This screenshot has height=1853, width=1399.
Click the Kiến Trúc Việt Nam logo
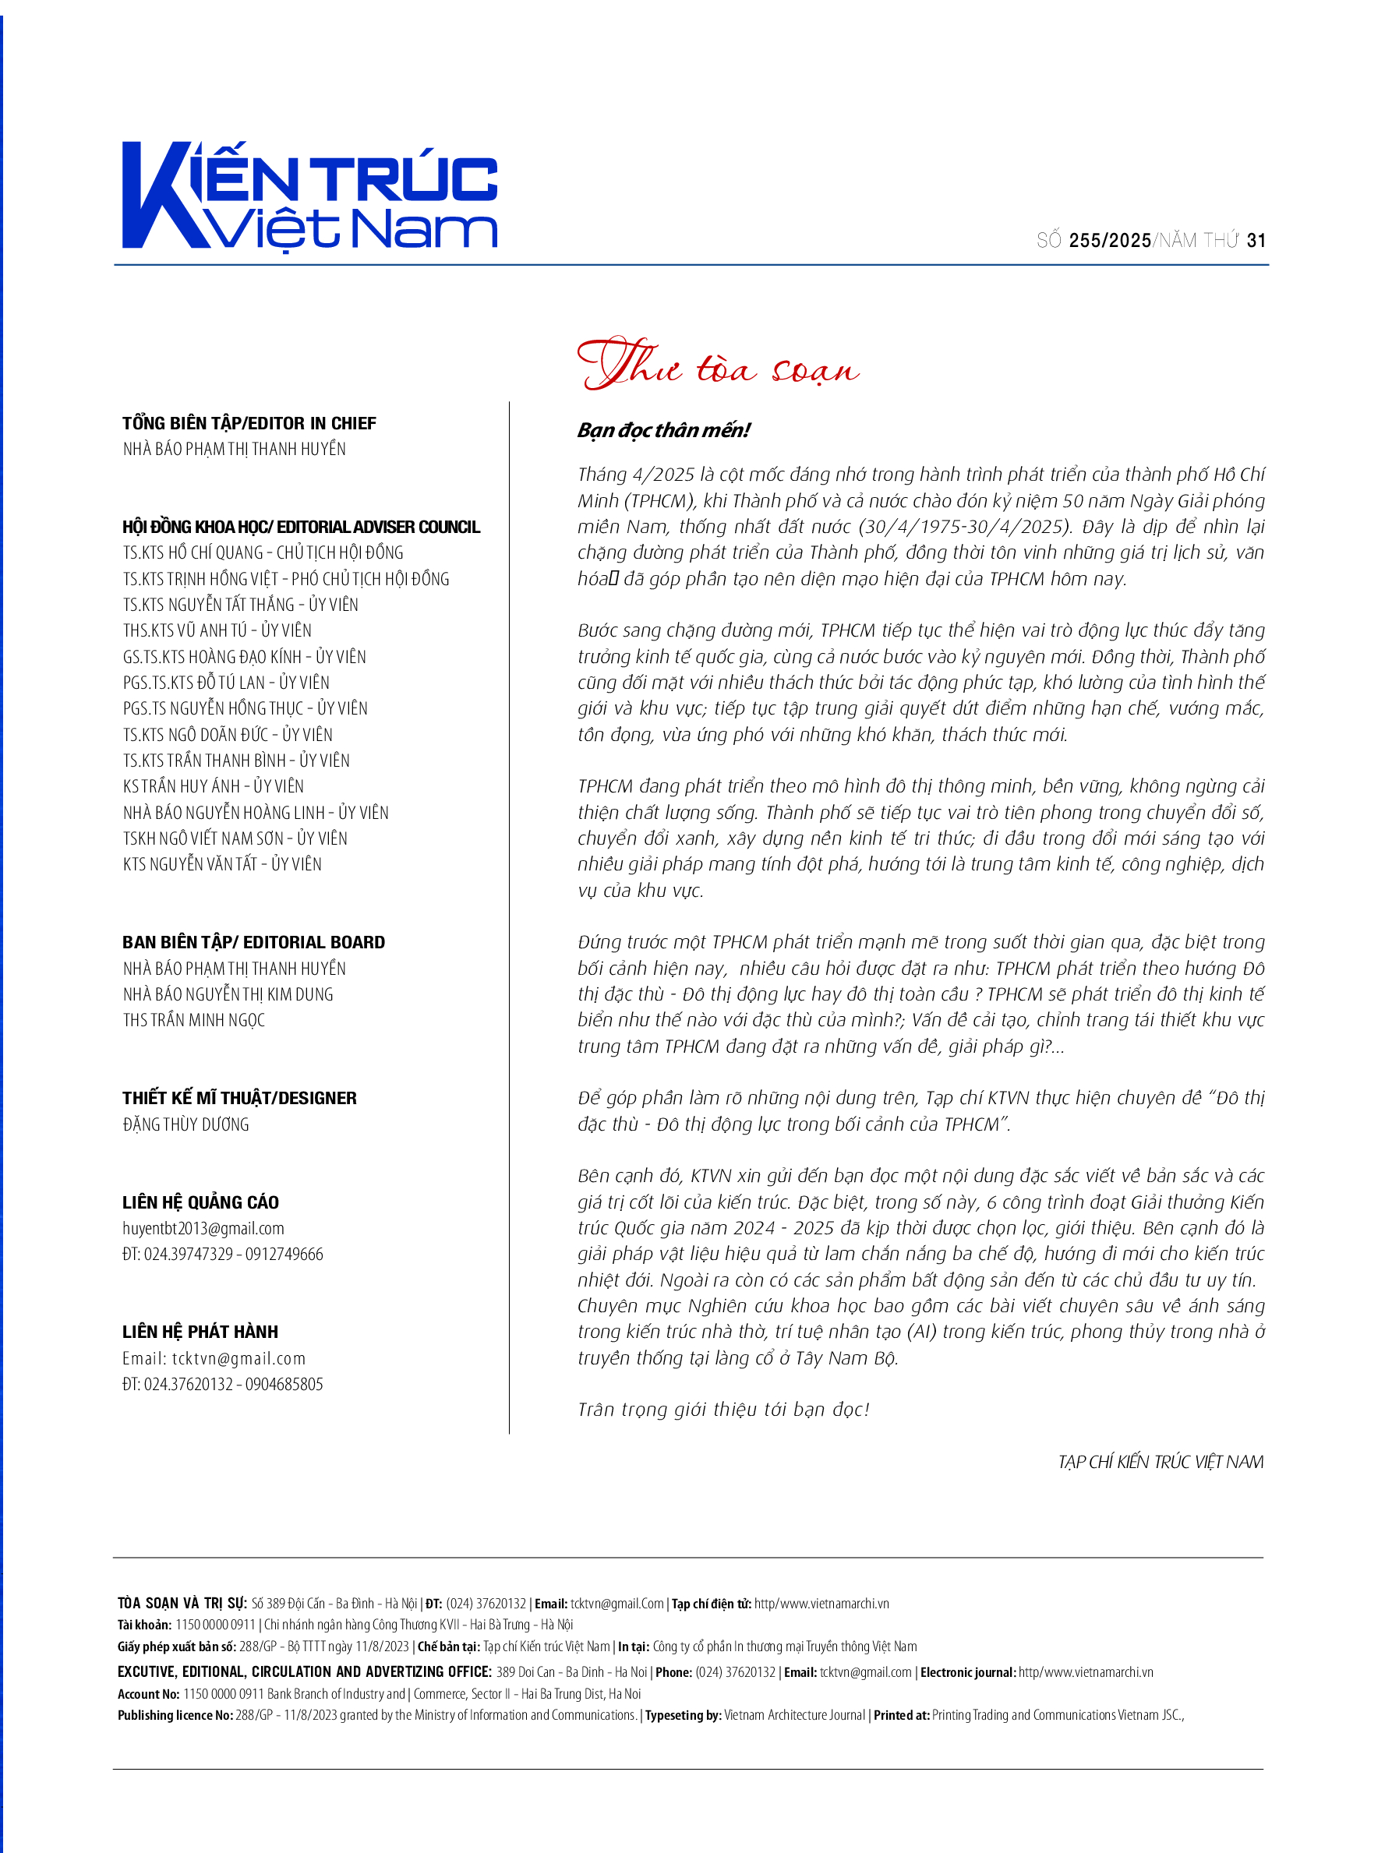pos(310,196)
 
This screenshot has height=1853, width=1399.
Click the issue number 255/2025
pos(1109,242)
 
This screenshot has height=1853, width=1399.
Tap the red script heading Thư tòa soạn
pos(718,365)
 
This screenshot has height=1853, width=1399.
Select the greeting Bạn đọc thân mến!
pos(663,431)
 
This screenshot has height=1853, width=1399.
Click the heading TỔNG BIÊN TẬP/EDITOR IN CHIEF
pos(249,423)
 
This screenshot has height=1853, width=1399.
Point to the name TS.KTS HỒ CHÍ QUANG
pos(193,553)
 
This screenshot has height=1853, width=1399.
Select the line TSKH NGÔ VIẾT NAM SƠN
pos(203,838)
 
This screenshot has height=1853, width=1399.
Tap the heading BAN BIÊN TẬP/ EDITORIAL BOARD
pos(254,942)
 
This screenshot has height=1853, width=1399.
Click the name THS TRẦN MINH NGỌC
pos(193,1020)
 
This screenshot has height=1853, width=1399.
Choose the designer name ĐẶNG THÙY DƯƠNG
pos(186,1124)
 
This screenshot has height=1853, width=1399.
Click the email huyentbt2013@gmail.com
pos(203,1229)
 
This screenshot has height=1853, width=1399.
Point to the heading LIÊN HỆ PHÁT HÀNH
pos(200,1332)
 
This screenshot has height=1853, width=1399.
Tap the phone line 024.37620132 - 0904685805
pos(233,1385)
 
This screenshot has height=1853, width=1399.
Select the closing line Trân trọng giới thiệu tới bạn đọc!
pos(724,1410)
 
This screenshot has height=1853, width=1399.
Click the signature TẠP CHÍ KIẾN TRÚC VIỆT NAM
pos(1161,1463)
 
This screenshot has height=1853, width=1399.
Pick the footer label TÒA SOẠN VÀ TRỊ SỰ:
pos(182,1604)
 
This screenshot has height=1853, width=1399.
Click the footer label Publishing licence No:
pos(175,1715)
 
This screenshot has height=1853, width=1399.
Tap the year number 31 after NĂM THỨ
pos(1256,242)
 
